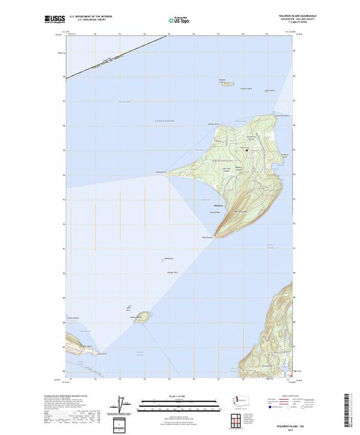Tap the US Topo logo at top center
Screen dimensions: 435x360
pyautogui.click(x=177, y=19)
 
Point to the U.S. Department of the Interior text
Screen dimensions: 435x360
pyautogui.click(x=93, y=15)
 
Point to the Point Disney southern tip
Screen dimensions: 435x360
pyautogui.click(x=217, y=237)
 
